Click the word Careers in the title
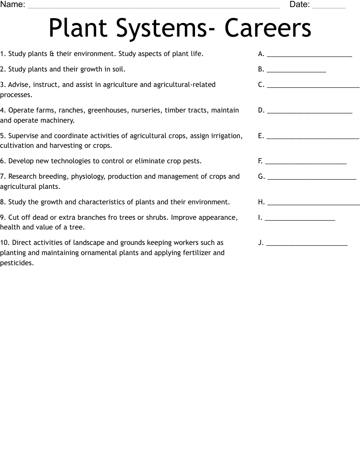[268, 28]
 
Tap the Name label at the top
[12, 5]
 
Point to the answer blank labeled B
[296, 71]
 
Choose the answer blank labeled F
[306, 163]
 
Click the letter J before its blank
[260, 243]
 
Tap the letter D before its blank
[261, 110]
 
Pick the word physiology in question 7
[87, 177]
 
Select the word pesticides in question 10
[16, 263]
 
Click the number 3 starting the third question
[2, 85]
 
